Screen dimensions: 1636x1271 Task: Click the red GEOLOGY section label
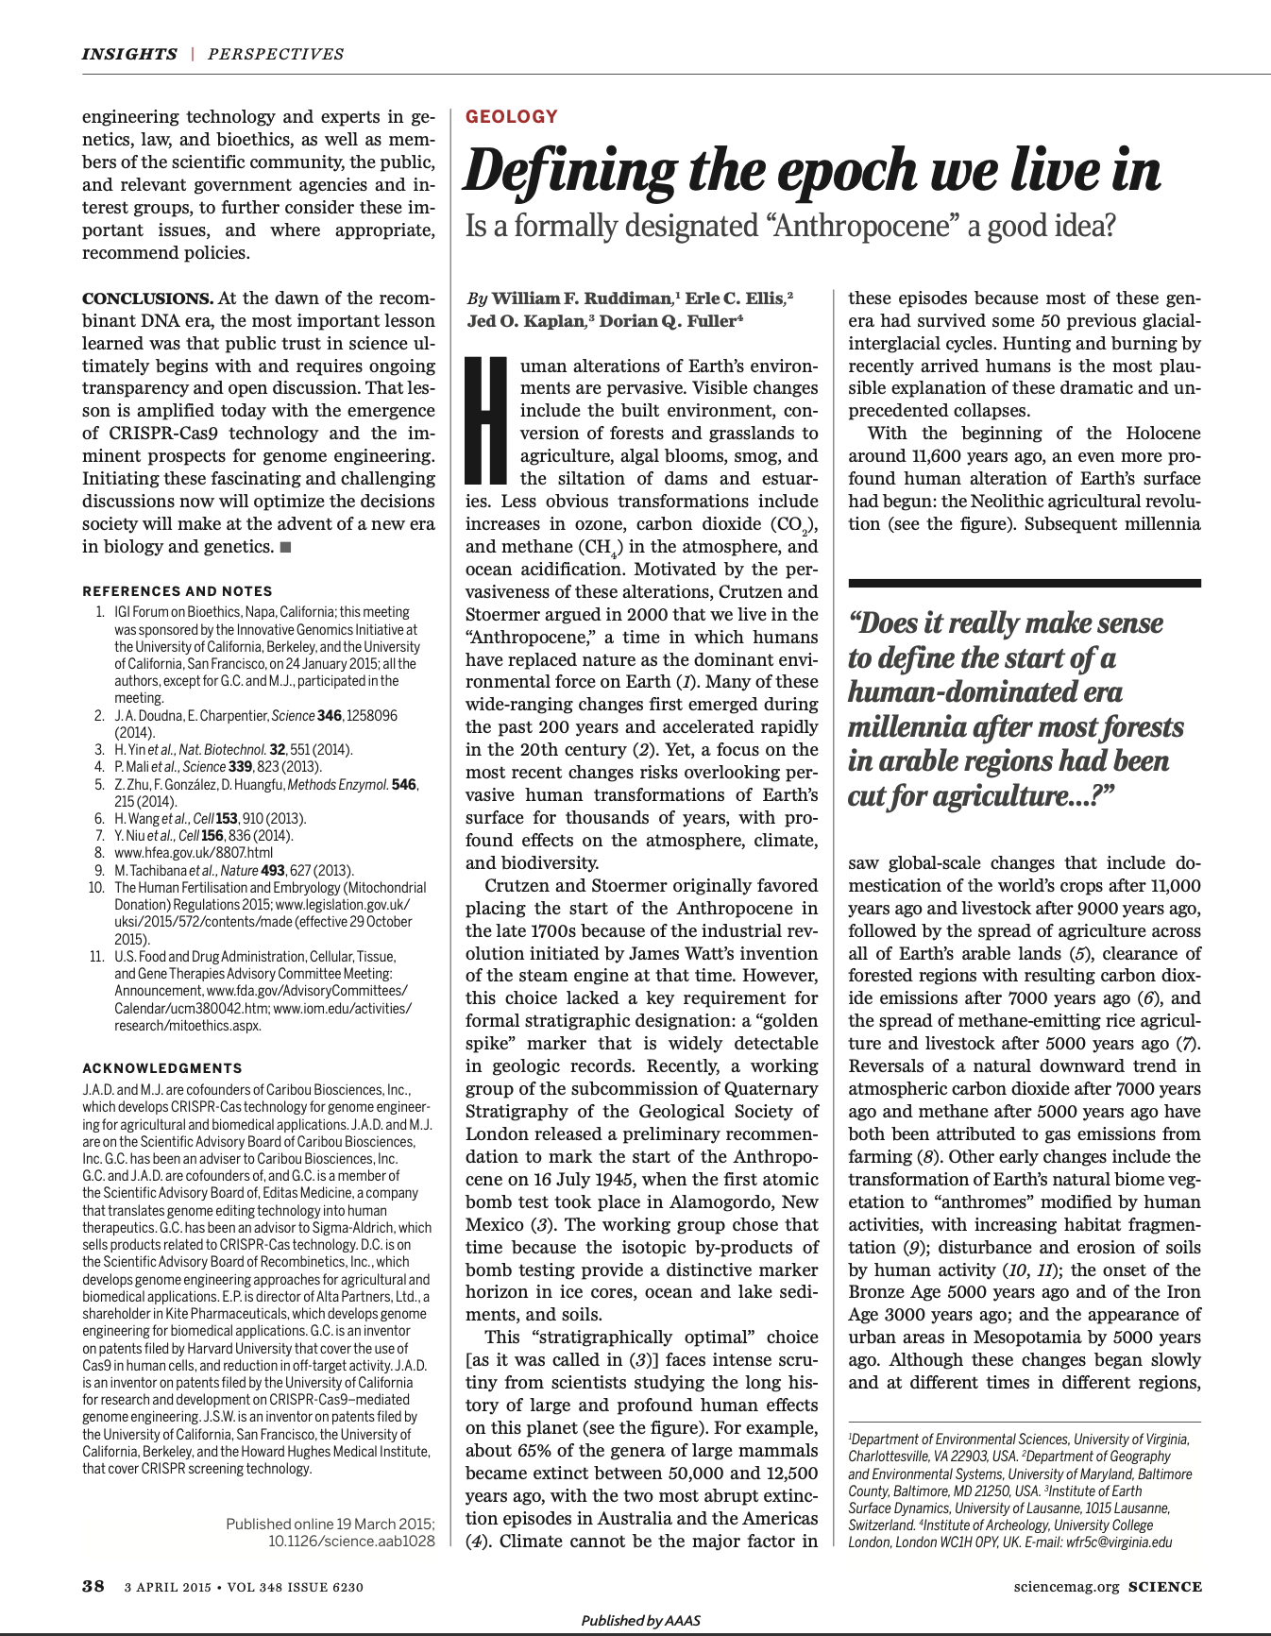pos(511,117)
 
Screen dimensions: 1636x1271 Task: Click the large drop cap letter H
pos(488,421)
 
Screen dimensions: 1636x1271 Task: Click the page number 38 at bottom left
pos(93,1586)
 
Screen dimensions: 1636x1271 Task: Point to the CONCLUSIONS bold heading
pos(147,298)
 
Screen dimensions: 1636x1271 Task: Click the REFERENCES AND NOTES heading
pos(177,591)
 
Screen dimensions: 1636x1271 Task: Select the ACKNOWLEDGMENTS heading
pos(162,1068)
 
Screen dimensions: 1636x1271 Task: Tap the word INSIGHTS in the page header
pos(128,54)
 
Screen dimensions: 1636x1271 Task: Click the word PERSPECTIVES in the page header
pos(276,54)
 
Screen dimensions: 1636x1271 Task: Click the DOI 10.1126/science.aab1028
pos(351,1541)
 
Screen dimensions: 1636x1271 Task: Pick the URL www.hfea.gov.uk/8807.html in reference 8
pos(180,853)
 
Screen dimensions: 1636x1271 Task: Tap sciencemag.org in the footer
pos(1066,1587)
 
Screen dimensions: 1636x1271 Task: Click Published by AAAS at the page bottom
pos(640,1620)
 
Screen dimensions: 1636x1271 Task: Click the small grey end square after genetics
pos(285,547)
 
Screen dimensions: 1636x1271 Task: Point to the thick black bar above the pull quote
pos(1024,583)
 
